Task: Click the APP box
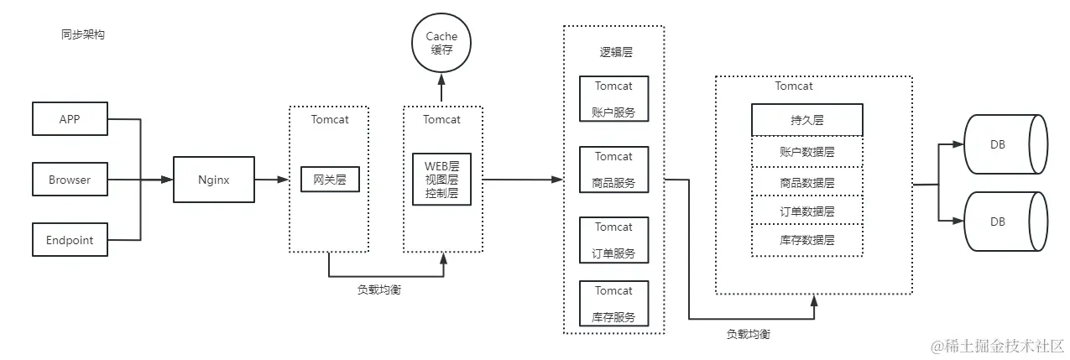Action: [70, 119]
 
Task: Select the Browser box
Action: [70, 180]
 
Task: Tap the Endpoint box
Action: [70, 240]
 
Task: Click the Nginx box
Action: [213, 180]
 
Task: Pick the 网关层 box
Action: [330, 180]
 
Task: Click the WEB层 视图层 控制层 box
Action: [442, 179]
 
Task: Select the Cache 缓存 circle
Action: [441, 43]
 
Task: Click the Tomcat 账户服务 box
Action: [613, 99]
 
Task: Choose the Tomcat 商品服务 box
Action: [613, 170]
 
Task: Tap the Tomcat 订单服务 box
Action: [613, 240]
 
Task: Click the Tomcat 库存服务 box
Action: [613, 304]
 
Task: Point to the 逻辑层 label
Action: [615, 52]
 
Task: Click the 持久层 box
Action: [806, 120]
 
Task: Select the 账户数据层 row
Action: [806, 152]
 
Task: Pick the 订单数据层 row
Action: [806, 211]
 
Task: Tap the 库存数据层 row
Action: [806, 240]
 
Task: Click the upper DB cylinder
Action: [1005, 144]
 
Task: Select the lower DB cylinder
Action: [1005, 222]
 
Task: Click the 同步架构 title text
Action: [83, 35]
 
